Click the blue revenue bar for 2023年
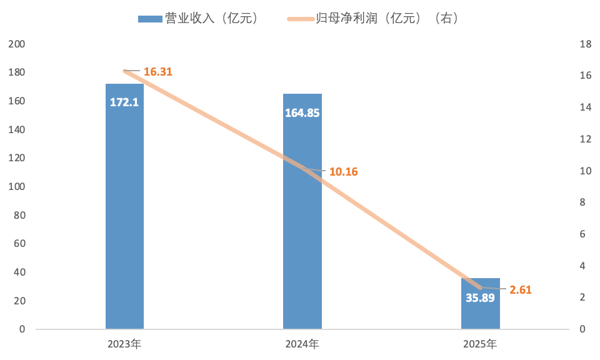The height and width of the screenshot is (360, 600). coord(125,206)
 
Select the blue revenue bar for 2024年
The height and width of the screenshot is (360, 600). coord(302,211)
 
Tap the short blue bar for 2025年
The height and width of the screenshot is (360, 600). coord(480,303)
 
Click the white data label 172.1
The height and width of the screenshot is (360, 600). coord(124,102)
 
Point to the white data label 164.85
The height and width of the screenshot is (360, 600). coord(302,113)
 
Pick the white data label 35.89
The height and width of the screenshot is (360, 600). coord(480,297)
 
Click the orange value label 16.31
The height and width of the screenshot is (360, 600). coord(158,72)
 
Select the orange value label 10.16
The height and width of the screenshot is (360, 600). coord(344,172)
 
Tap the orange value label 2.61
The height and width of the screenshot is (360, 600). coord(521,290)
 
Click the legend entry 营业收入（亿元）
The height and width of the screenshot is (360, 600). coord(199,18)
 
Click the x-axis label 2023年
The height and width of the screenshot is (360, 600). coord(124,344)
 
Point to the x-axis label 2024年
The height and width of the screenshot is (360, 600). coord(302,344)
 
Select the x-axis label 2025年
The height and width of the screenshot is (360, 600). coord(480,344)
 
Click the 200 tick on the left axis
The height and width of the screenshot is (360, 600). coord(17,44)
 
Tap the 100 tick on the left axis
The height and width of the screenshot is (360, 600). coord(17,187)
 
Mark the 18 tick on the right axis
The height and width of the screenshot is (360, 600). coord(586,44)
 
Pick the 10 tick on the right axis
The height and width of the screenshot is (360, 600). coord(586,171)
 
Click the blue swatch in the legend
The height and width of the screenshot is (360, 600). coord(151,19)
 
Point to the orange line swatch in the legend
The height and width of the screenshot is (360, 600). coord(301,19)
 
